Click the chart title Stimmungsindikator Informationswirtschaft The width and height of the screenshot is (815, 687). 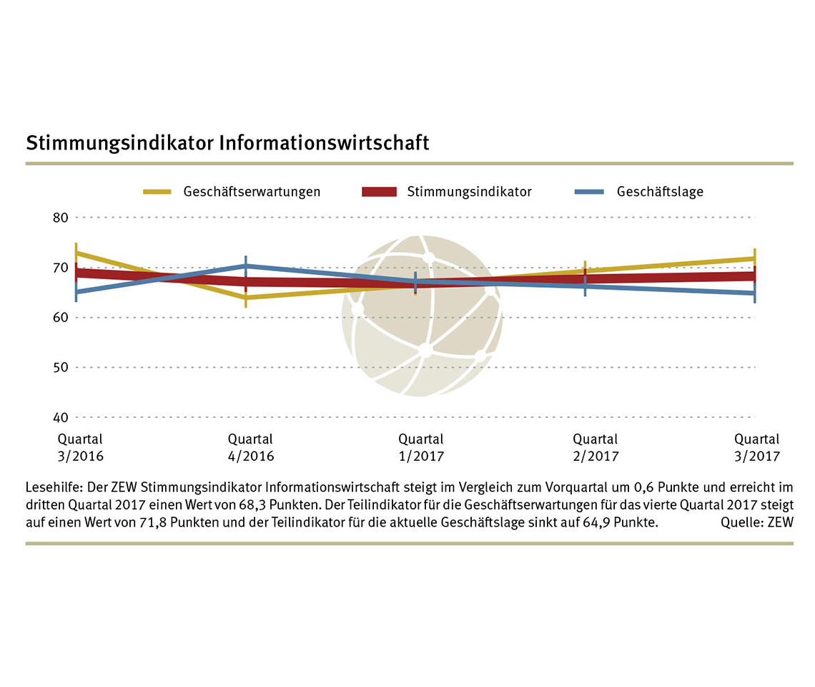[x=227, y=142]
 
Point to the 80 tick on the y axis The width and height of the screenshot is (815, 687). [x=61, y=218]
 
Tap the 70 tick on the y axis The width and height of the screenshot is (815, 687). [x=61, y=268]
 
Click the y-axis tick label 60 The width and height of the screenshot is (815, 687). [x=61, y=317]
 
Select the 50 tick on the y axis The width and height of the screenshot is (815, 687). [x=61, y=367]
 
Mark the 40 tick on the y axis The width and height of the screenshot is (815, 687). [x=61, y=417]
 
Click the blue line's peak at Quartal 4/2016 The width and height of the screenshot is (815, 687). [x=246, y=265]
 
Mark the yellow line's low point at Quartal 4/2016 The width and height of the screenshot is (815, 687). [x=246, y=297]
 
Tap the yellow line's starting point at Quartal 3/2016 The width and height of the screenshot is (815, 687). [x=76, y=253]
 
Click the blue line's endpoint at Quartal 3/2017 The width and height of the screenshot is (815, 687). [x=754, y=293]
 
